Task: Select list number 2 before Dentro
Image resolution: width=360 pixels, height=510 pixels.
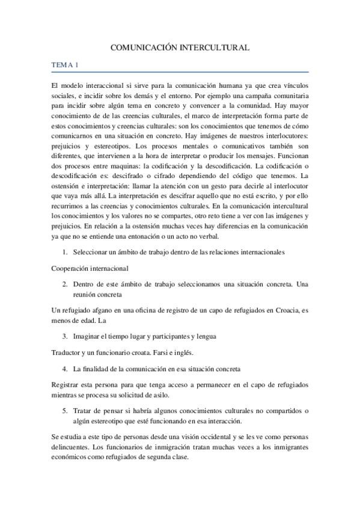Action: pyautogui.click(x=65, y=284)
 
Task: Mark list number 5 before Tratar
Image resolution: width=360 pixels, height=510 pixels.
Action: pyautogui.click(x=65, y=411)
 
